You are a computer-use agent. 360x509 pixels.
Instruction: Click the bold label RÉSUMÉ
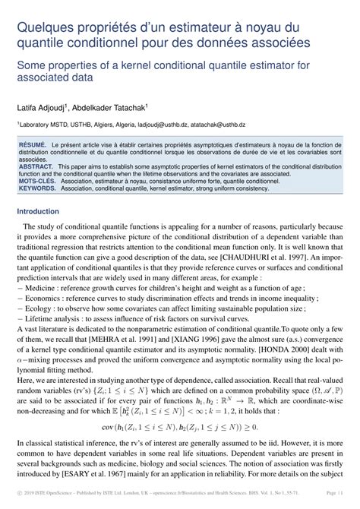coord(33,144)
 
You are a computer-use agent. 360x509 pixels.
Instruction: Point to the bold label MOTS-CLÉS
coord(38,182)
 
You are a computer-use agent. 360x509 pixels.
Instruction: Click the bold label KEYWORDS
coord(38,189)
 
